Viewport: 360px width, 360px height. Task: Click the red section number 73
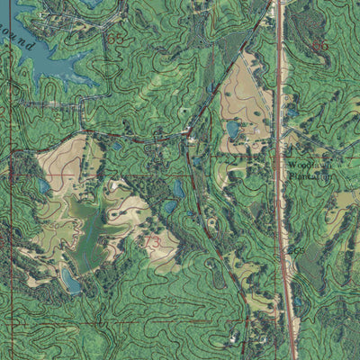coord(154,242)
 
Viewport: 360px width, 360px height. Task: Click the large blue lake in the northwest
coord(45,58)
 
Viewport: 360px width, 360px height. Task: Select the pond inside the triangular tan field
coord(233,130)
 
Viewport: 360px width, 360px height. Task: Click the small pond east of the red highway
coord(292,112)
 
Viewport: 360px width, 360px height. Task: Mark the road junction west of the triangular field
coord(190,135)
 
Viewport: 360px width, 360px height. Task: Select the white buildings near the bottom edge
coord(236,338)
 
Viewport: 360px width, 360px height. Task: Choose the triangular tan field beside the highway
coord(243,99)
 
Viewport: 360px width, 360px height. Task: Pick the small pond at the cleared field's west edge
coord(43,186)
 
